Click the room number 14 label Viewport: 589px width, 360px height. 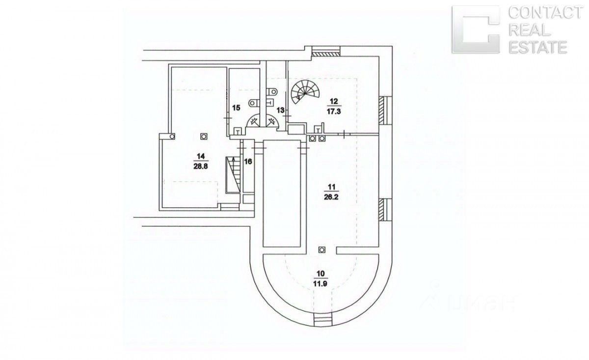tap(200, 156)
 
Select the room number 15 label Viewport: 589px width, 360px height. tap(236, 108)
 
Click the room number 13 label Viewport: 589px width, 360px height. tap(281, 110)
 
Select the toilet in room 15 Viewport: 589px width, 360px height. tap(252, 103)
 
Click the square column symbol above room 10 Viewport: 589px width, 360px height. tap(322, 249)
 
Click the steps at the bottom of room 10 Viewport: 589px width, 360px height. tap(322, 321)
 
